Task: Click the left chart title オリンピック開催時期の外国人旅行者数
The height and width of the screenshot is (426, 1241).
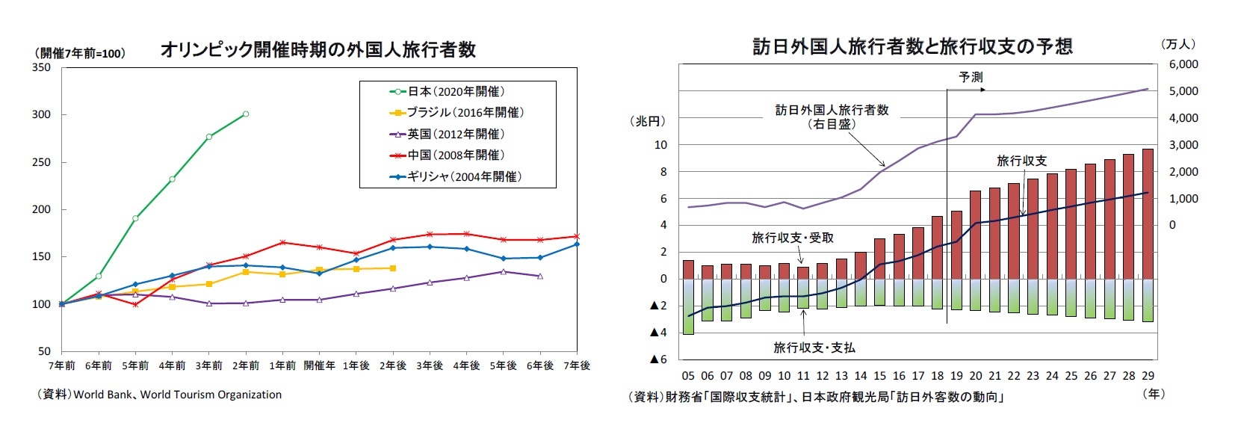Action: click(318, 50)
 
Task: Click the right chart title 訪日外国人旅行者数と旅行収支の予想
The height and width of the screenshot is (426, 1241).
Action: click(912, 46)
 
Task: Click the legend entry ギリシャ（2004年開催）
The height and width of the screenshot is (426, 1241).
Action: click(464, 176)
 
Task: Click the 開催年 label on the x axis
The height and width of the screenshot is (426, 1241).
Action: click(319, 365)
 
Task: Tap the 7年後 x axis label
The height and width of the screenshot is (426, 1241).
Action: click(576, 365)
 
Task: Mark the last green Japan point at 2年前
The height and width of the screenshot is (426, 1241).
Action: click(246, 114)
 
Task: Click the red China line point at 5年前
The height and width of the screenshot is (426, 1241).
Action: click(135, 304)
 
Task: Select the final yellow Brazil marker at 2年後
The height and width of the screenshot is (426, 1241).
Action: click(393, 268)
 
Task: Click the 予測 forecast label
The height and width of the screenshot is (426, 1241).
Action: click(971, 77)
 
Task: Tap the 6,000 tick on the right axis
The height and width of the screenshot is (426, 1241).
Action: click(1183, 64)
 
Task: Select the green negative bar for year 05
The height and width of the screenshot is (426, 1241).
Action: click(688, 306)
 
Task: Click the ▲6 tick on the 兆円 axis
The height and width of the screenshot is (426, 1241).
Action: click(657, 359)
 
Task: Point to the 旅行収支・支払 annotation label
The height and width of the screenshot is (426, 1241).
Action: click(814, 348)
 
